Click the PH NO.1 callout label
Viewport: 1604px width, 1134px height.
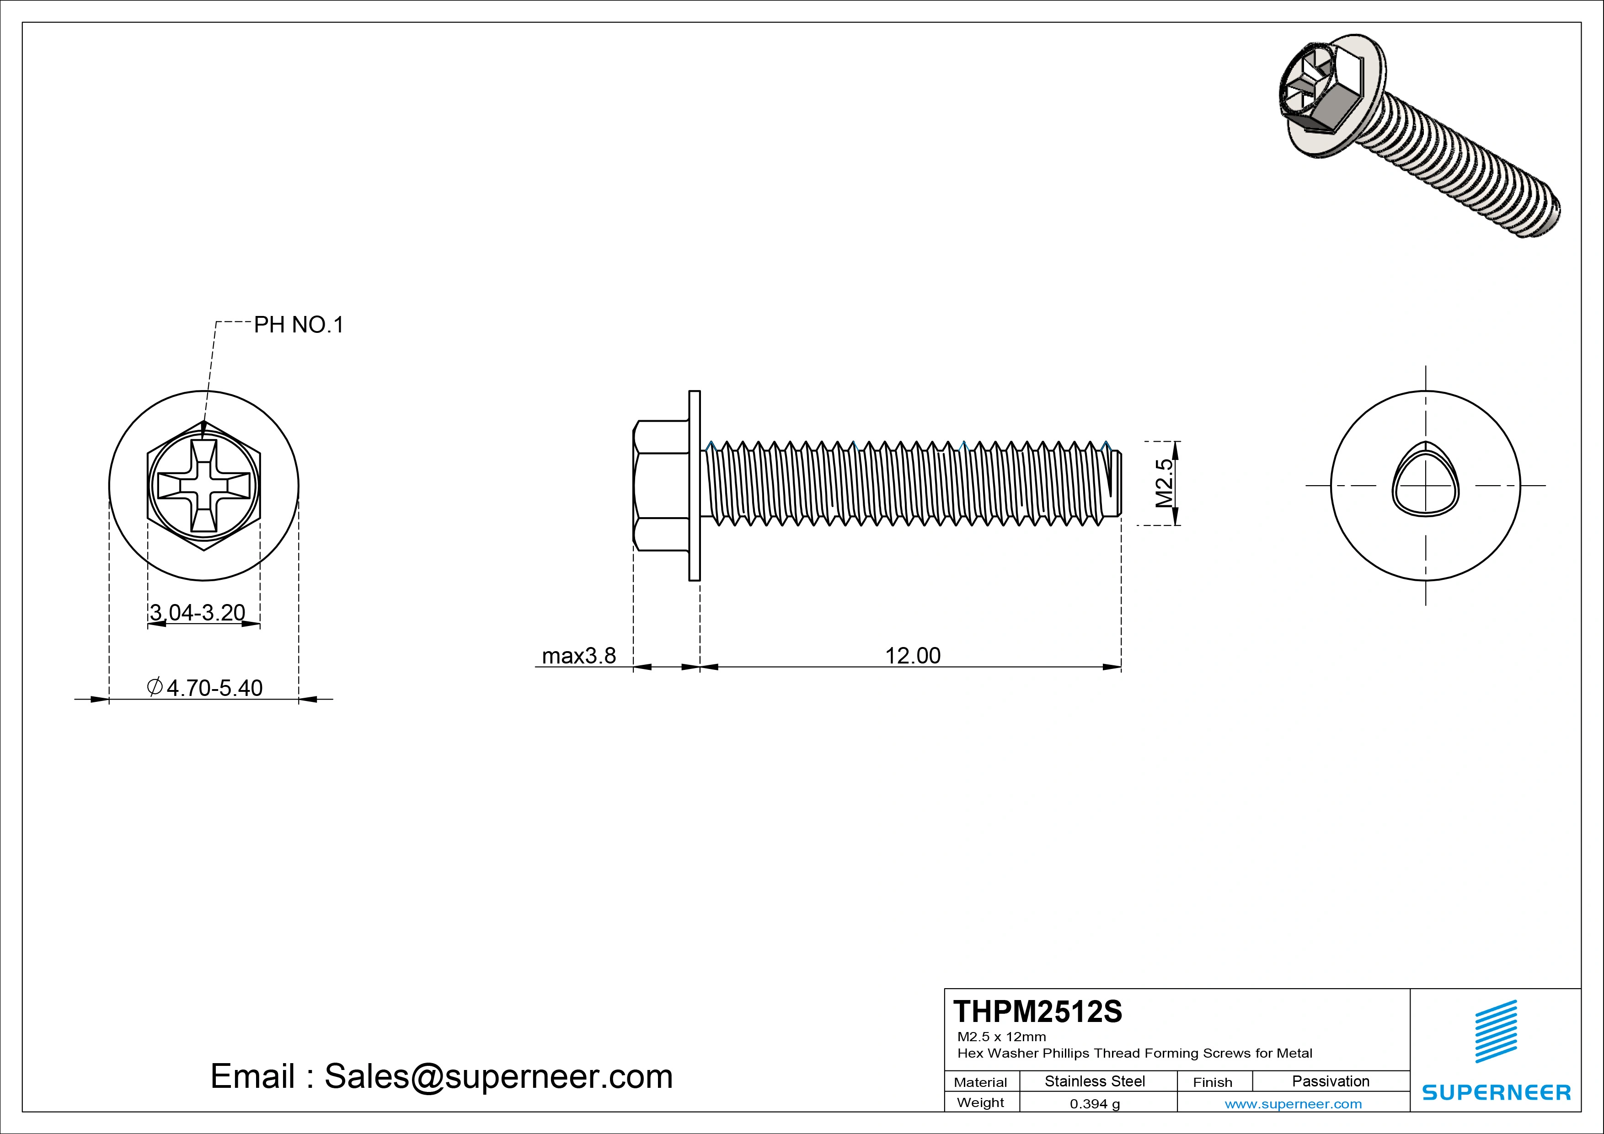298,325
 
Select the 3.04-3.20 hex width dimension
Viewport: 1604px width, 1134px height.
198,613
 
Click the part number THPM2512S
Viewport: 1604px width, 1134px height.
1037,1012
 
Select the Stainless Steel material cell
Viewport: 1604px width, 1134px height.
1094,1081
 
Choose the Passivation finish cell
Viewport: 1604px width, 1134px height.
1330,1081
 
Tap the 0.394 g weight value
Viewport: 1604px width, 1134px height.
1094,1104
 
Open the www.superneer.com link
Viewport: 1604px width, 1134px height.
1293,1104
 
